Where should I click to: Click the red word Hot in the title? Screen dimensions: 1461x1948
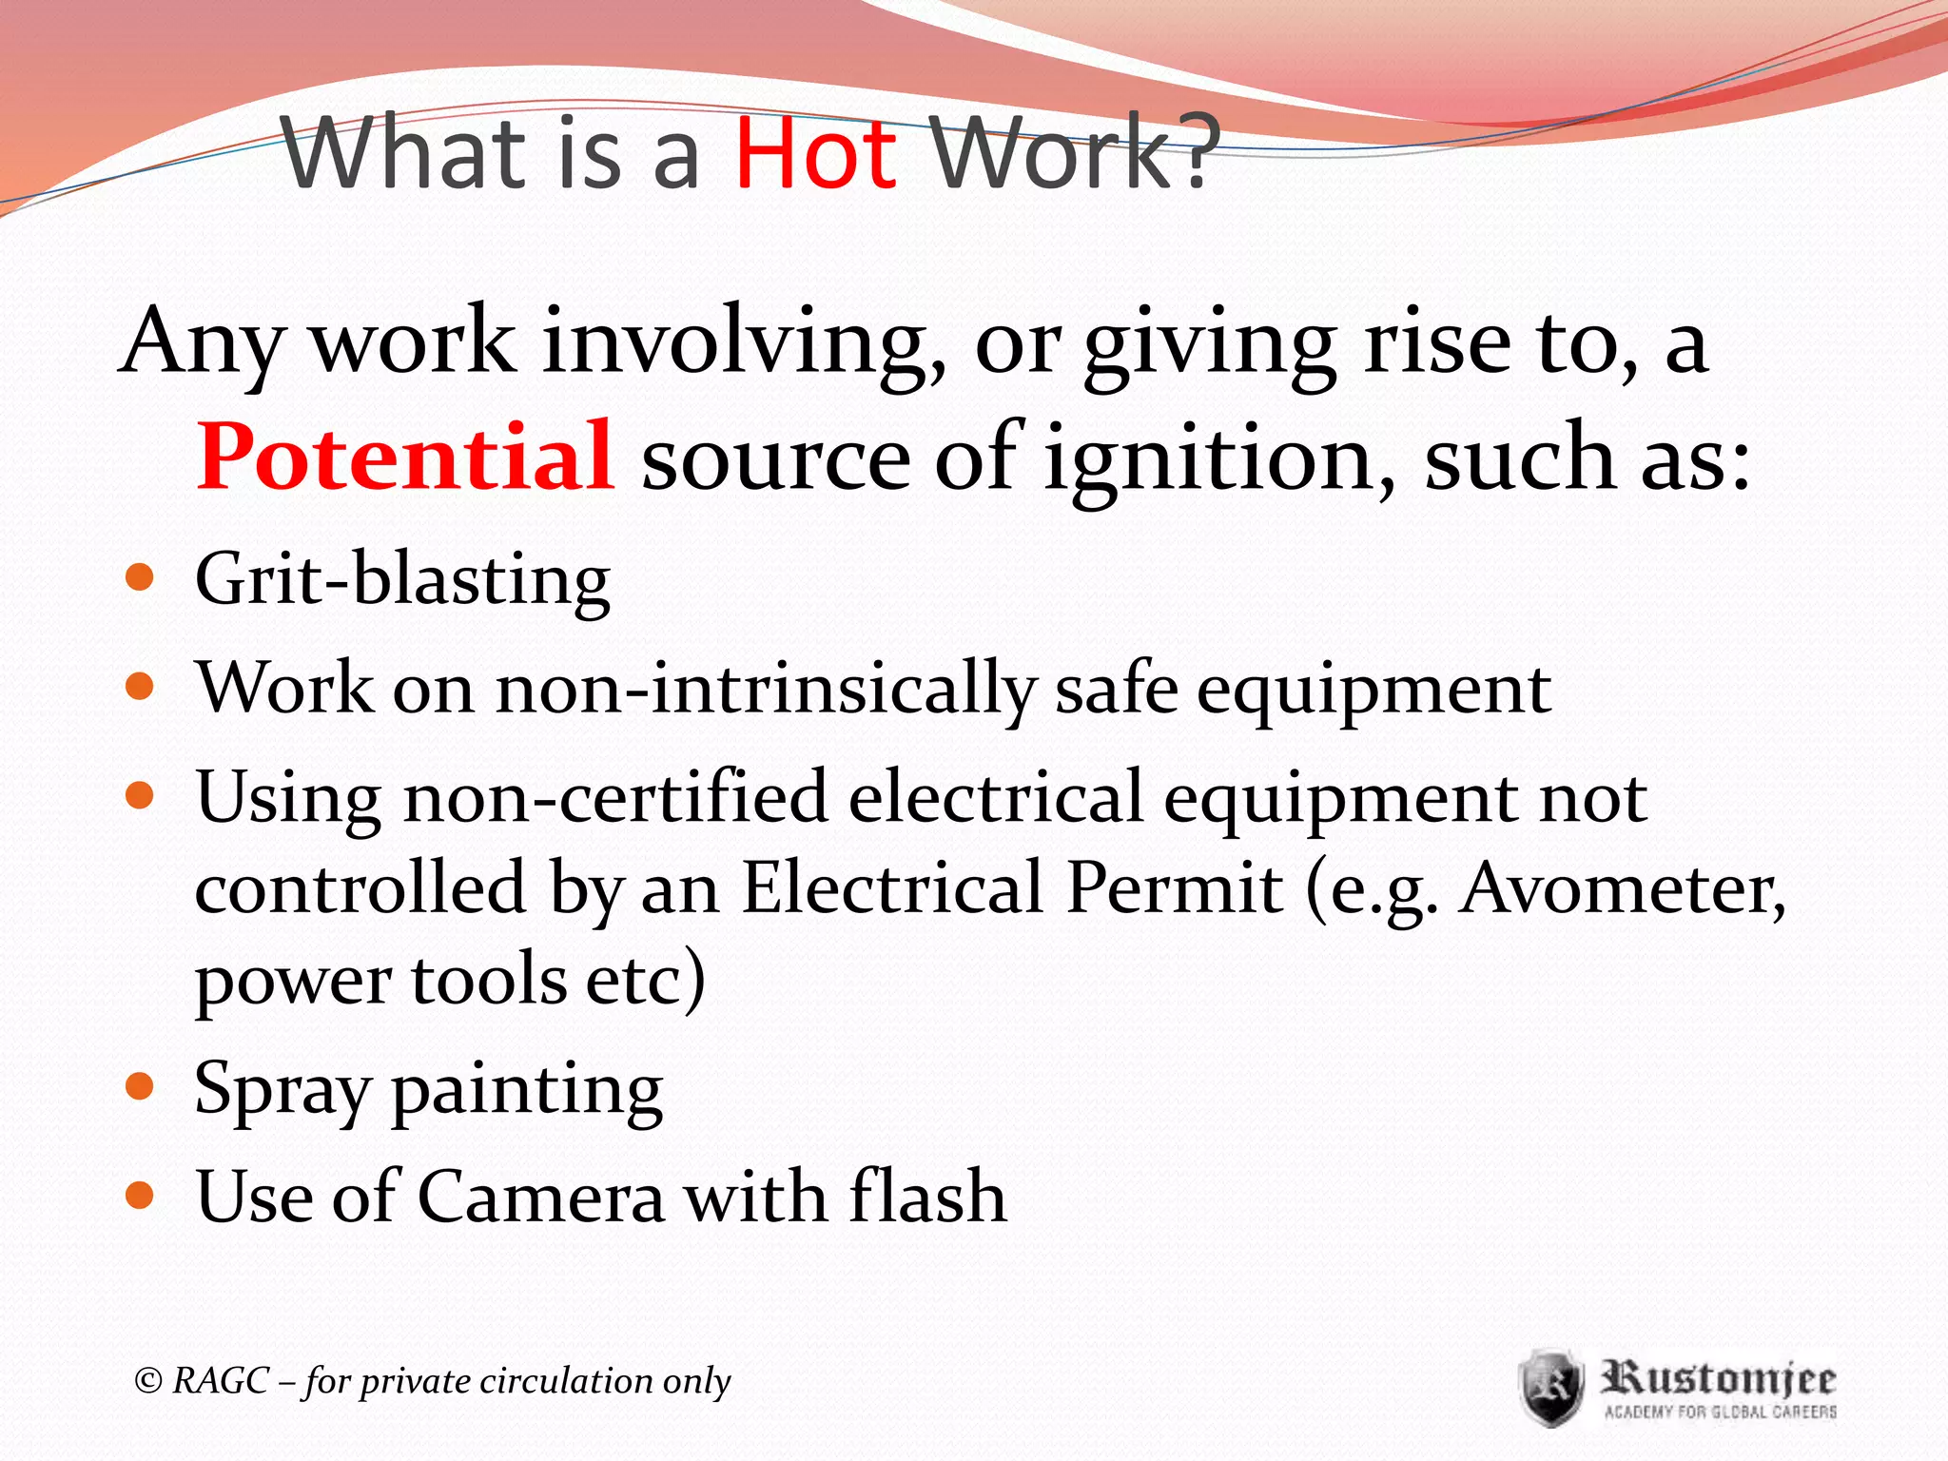point(816,152)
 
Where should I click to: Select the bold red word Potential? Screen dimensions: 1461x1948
point(405,458)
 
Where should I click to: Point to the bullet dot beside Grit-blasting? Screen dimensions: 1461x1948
point(140,577)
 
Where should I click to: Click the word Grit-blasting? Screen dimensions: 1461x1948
point(402,580)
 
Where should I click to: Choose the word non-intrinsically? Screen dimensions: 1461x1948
point(766,689)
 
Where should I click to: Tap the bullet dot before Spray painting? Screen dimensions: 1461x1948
point(140,1085)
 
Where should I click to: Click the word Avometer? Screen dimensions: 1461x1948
point(1623,889)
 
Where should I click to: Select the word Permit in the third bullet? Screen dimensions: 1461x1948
point(1175,889)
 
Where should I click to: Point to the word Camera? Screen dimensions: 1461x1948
point(541,1197)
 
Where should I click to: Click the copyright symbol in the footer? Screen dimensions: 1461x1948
point(148,1380)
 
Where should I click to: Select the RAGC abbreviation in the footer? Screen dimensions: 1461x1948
point(221,1380)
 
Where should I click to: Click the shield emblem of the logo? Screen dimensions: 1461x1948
point(1550,1387)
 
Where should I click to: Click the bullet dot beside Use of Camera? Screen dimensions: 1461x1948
point(140,1194)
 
